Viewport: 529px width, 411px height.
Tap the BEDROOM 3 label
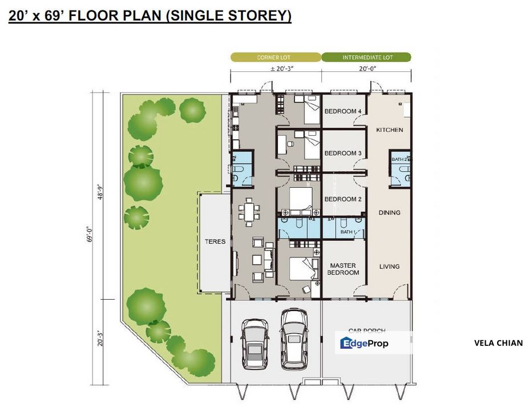(343, 154)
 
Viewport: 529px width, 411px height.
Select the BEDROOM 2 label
(343, 199)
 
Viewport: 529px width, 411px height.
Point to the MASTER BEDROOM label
(343, 269)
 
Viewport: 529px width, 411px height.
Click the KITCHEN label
(389, 130)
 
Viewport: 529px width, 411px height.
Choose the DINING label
(389, 213)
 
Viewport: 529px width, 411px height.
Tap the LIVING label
(389, 267)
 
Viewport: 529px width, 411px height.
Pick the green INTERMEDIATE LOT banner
(366, 58)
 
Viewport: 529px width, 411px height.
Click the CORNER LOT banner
(276, 58)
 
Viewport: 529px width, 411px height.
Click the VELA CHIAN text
(498, 343)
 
